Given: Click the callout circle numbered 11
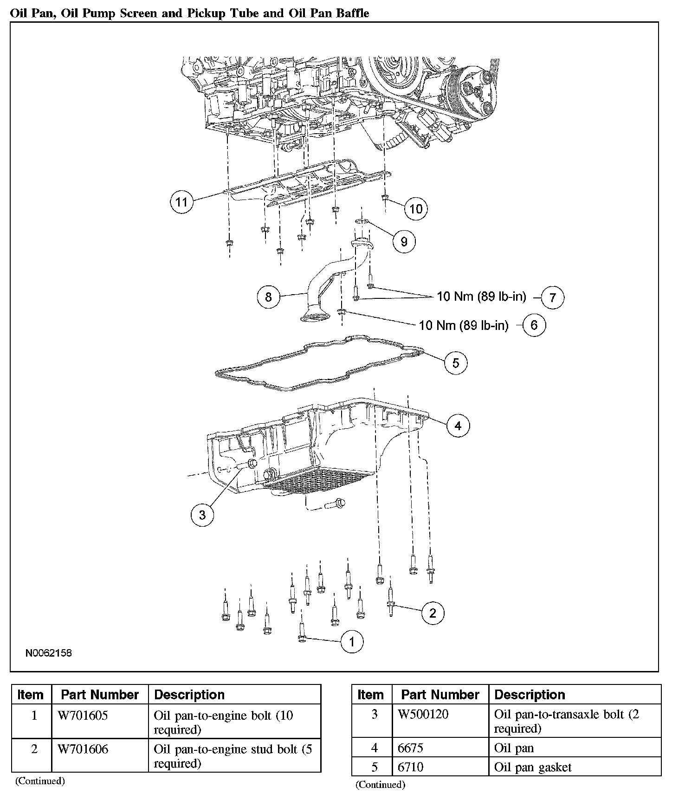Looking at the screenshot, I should pyautogui.click(x=181, y=202).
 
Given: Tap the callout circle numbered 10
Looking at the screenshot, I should pyautogui.click(x=416, y=209).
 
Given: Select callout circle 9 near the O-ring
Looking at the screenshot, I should pyautogui.click(x=404, y=241).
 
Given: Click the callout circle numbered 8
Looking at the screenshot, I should pyautogui.click(x=268, y=297).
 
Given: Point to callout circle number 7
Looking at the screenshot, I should pyautogui.click(x=552, y=297).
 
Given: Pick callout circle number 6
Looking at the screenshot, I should pyautogui.click(x=534, y=325).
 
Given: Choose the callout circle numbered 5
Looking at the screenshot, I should pyautogui.click(x=455, y=363).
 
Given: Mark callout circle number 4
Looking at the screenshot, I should pyautogui.click(x=458, y=426).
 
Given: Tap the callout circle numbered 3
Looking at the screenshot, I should pyautogui.click(x=202, y=515).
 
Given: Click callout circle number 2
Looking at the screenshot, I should pyautogui.click(x=433, y=613).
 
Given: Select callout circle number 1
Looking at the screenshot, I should pyautogui.click(x=351, y=642).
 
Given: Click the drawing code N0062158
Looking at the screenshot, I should pyautogui.click(x=48, y=653).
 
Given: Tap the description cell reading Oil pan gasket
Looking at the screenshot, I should pyautogui.click(x=532, y=767).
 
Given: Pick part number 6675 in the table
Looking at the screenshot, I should pyautogui.click(x=410, y=748).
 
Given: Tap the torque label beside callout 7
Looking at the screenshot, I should pyautogui.click(x=481, y=297).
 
